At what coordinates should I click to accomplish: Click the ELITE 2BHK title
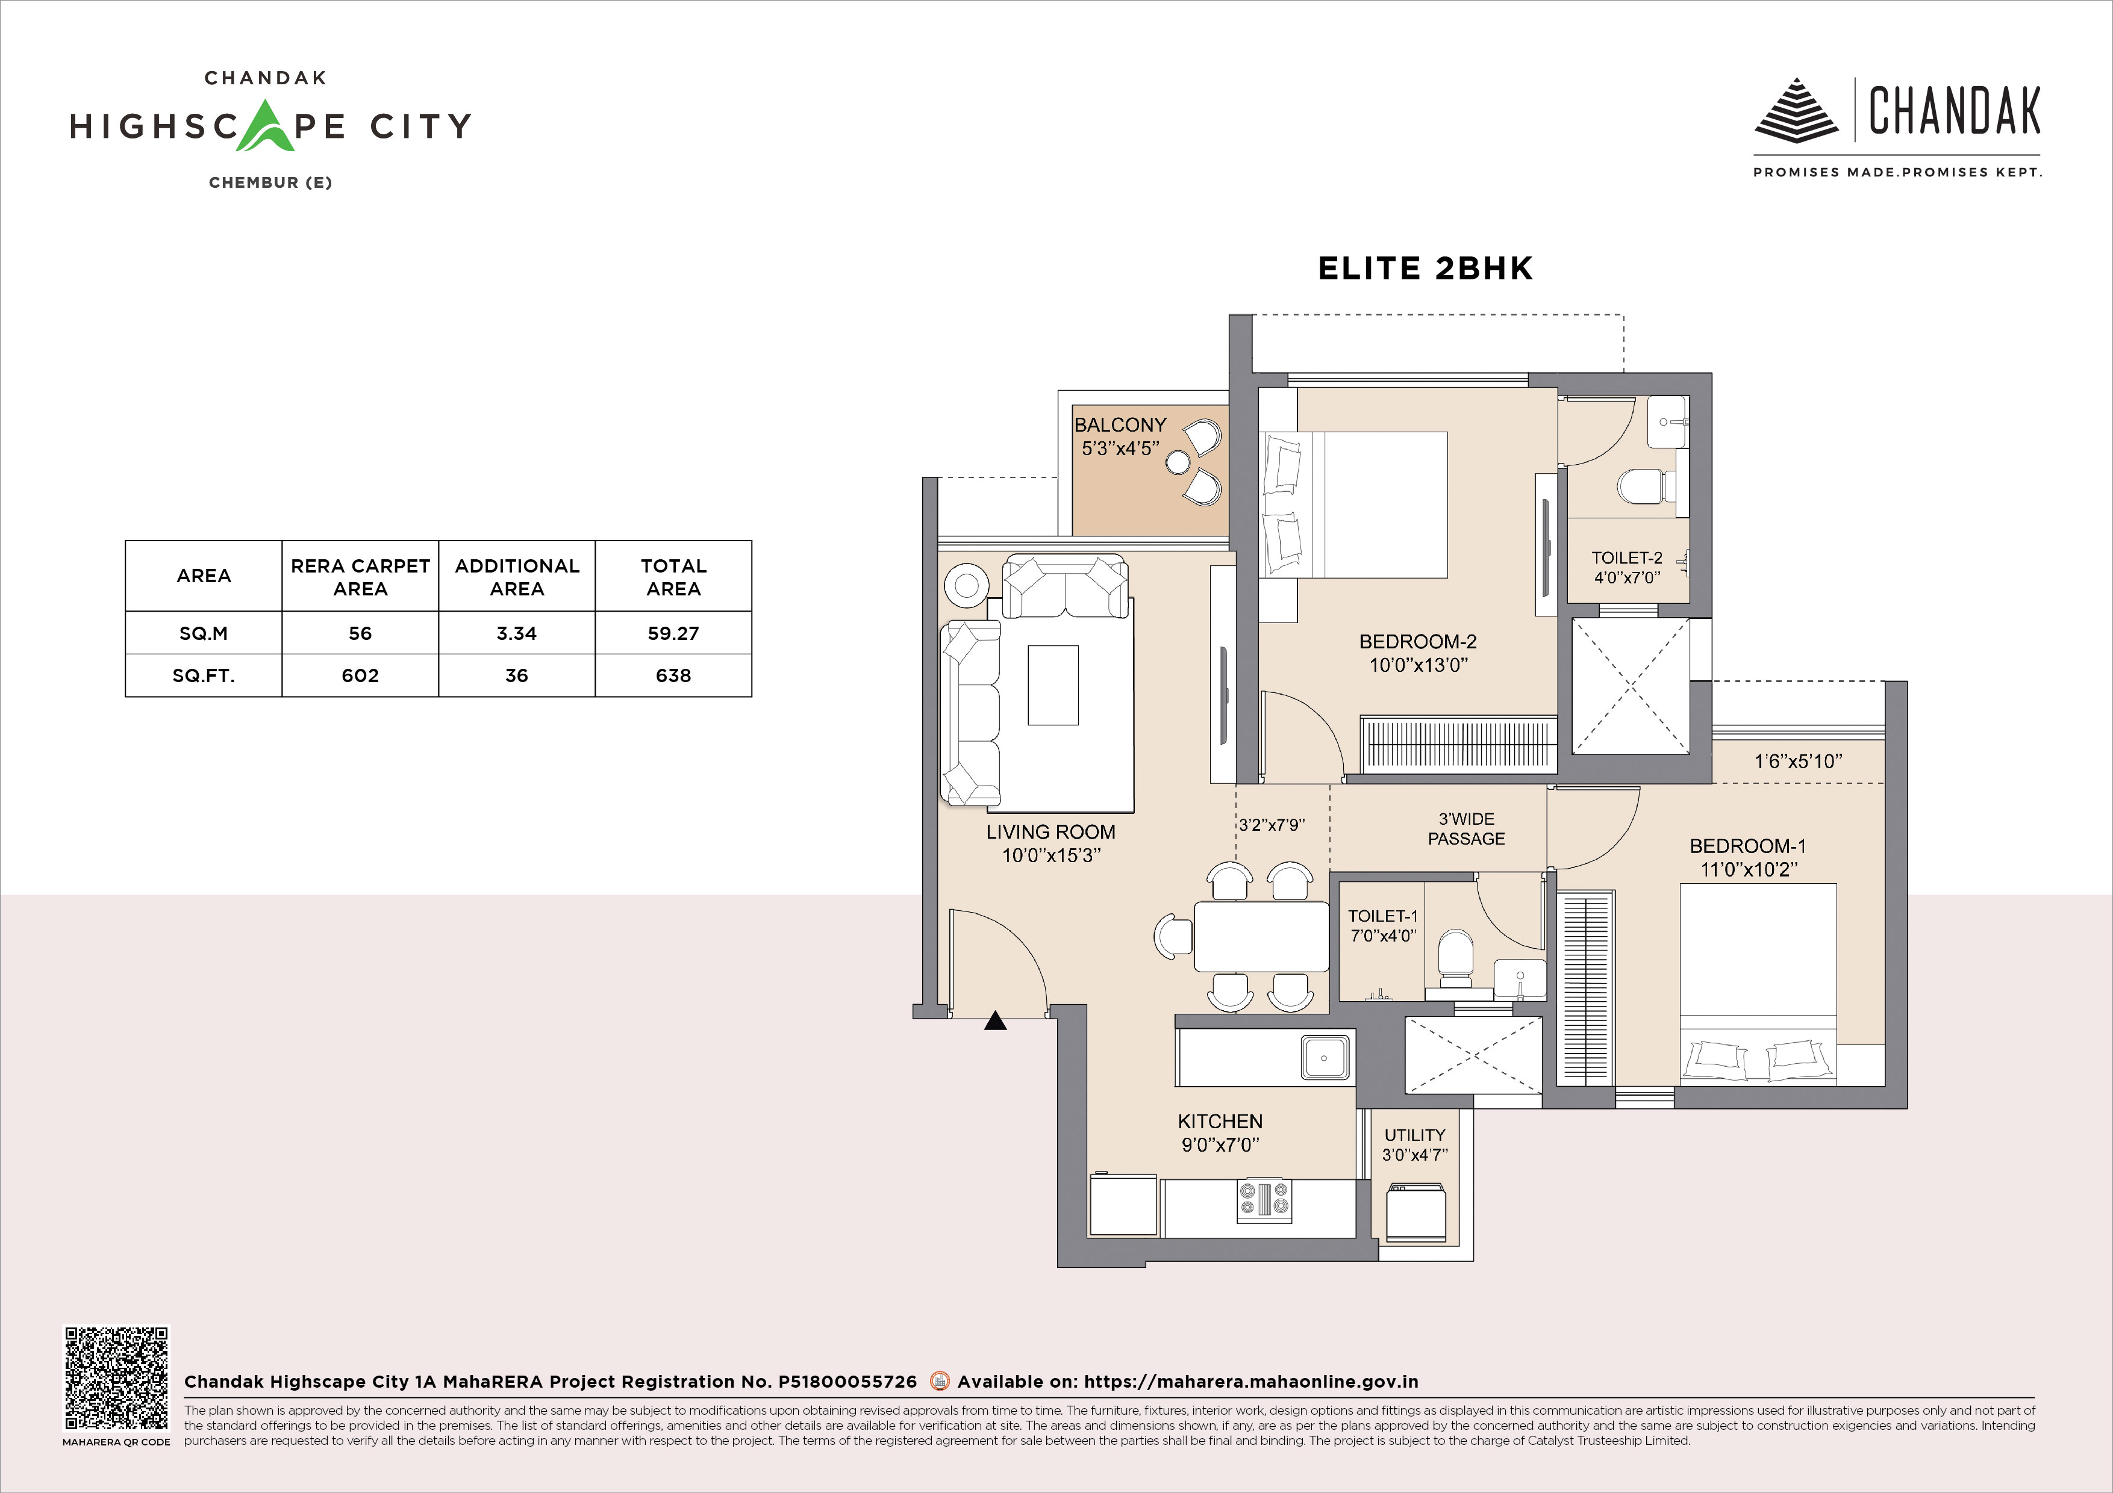pyautogui.click(x=1426, y=268)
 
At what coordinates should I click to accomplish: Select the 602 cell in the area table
pyautogui.click(x=360, y=675)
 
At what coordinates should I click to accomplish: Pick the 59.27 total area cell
pyautogui.click(x=673, y=633)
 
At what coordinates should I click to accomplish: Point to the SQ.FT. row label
pyautogui.click(x=204, y=675)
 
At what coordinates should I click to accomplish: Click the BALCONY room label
pyautogui.click(x=1120, y=425)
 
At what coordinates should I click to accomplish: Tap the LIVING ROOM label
pyautogui.click(x=1051, y=831)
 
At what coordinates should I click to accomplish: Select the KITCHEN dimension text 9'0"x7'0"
pyautogui.click(x=1220, y=1145)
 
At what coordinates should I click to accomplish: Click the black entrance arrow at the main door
pyautogui.click(x=995, y=1020)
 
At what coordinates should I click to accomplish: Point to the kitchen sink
pyautogui.click(x=1325, y=1057)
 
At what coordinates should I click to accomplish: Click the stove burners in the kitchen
pyautogui.click(x=1264, y=1200)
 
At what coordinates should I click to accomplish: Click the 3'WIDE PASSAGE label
pyautogui.click(x=1466, y=829)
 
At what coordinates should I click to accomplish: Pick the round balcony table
pyautogui.click(x=1178, y=462)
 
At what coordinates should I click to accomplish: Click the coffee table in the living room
pyautogui.click(x=1053, y=685)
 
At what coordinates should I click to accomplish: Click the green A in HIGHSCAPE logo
pyautogui.click(x=267, y=126)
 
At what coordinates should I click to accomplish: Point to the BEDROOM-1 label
pyautogui.click(x=1747, y=846)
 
